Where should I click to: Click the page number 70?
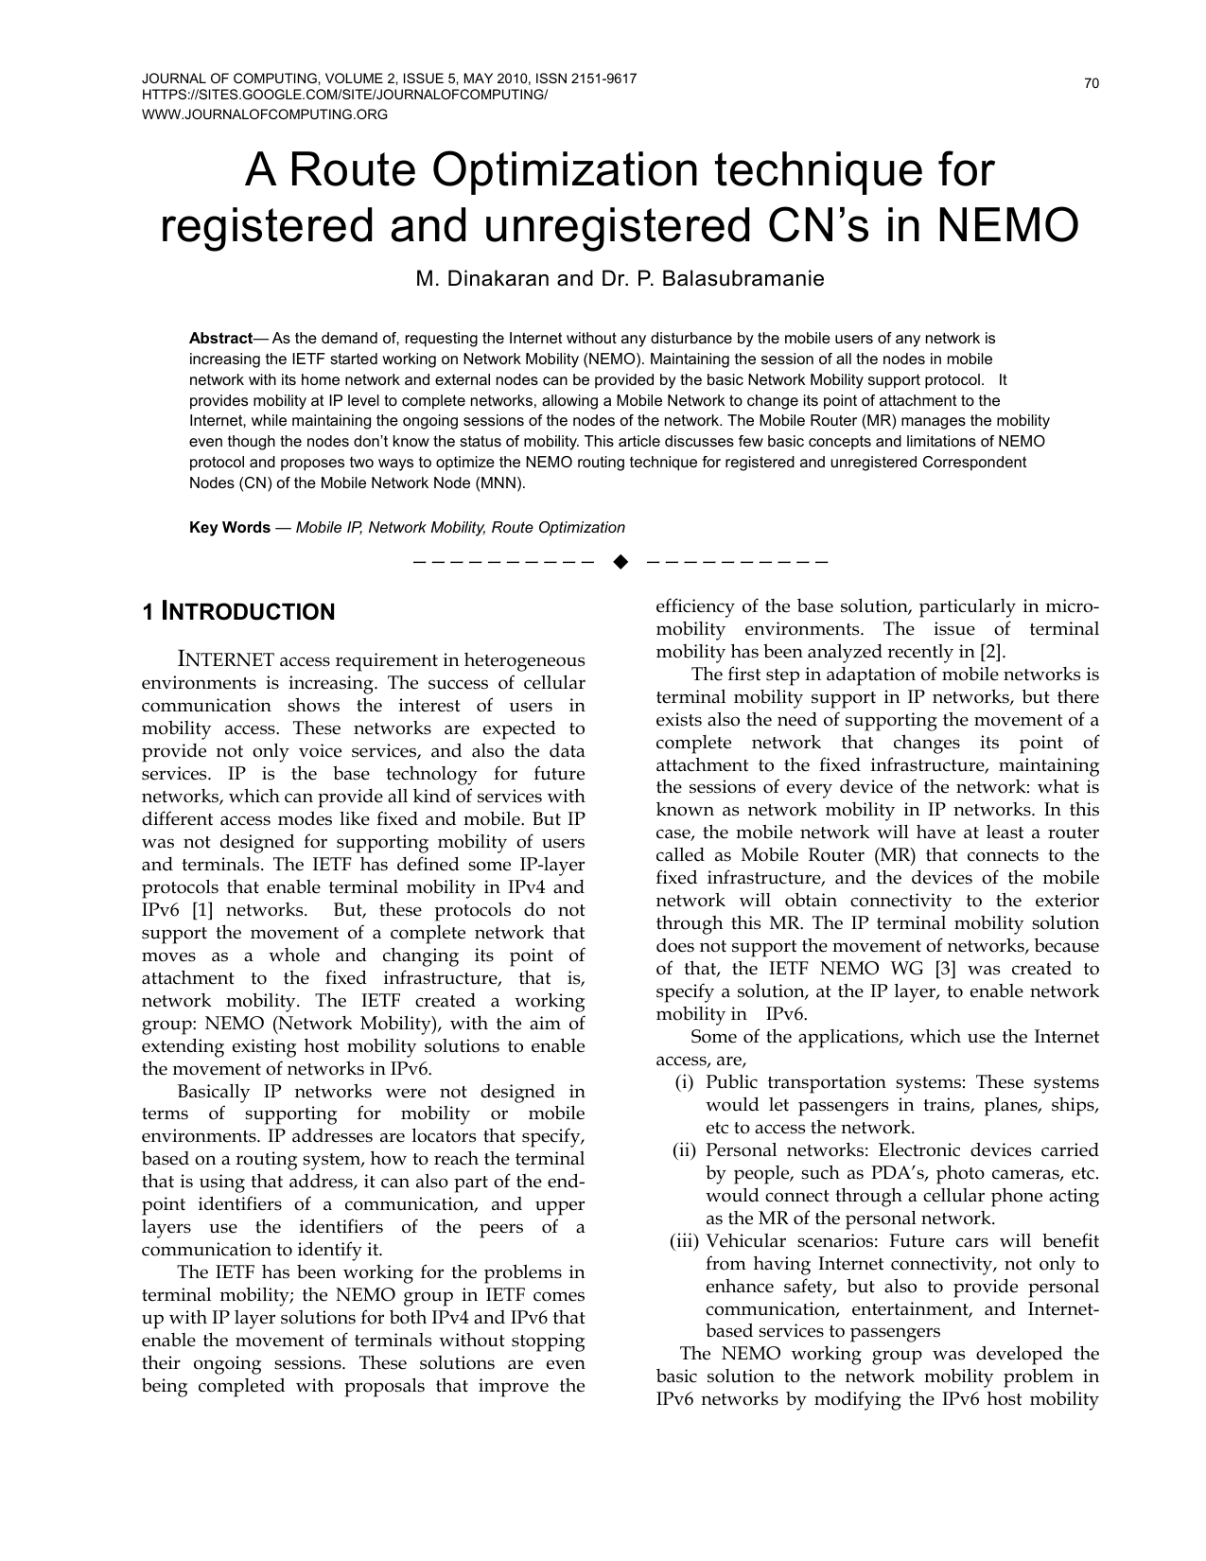[x=1092, y=84]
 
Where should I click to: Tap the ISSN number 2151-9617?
[x=602, y=79]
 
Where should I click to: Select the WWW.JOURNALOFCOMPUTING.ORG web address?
[x=265, y=114]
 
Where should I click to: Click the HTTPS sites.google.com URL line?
[x=344, y=96]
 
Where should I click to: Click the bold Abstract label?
[x=220, y=338]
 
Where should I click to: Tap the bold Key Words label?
[x=230, y=528]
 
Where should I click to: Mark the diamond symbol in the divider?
[x=620, y=563]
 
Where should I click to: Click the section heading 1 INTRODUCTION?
[x=238, y=612]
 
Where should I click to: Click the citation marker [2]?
[x=992, y=652]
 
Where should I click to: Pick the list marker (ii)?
[x=684, y=1150]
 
